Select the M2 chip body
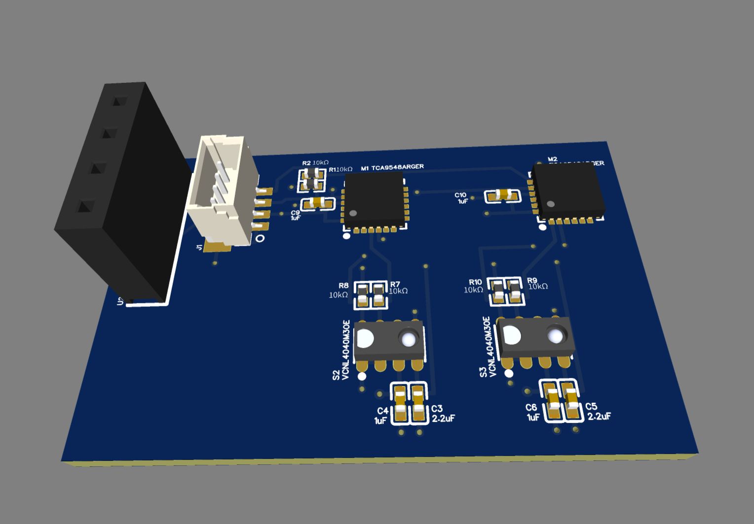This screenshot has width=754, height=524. pyautogui.click(x=567, y=190)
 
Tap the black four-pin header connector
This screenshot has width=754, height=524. pyautogui.click(x=123, y=197)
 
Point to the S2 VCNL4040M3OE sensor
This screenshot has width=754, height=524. pyautogui.click(x=389, y=340)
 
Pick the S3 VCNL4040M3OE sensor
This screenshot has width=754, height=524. pyautogui.click(x=535, y=337)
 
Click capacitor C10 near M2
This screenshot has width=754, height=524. pyautogui.click(x=502, y=196)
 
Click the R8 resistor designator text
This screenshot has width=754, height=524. pyautogui.click(x=343, y=286)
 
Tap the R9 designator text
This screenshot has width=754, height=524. pyautogui.click(x=532, y=280)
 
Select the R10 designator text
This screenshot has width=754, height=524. pyautogui.click(x=475, y=282)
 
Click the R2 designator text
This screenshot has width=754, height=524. pyautogui.click(x=306, y=163)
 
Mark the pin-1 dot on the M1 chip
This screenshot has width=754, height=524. pyautogui.click(x=353, y=213)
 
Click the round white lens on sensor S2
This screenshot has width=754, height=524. pyautogui.click(x=408, y=338)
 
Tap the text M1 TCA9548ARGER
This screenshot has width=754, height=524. pyautogui.click(x=392, y=168)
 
